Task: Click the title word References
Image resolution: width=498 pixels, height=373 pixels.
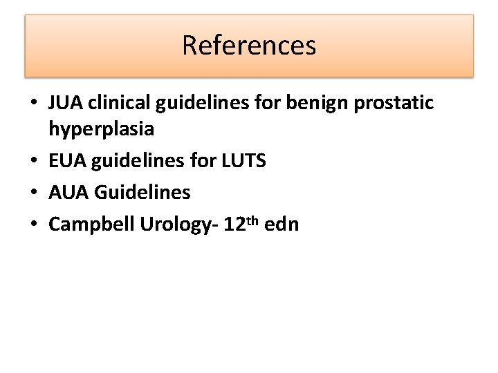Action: [249, 46]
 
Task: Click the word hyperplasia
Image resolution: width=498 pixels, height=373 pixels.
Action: [102, 129]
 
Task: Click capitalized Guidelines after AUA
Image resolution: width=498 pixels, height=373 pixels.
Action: [142, 192]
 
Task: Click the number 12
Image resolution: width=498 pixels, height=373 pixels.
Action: [235, 224]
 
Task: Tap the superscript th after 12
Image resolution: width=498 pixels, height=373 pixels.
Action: [254, 220]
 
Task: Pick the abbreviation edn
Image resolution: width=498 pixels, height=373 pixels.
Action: [282, 224]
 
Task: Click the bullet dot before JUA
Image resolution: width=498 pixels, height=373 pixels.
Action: [33, 104]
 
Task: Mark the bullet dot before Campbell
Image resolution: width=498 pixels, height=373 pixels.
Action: [33, 224]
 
